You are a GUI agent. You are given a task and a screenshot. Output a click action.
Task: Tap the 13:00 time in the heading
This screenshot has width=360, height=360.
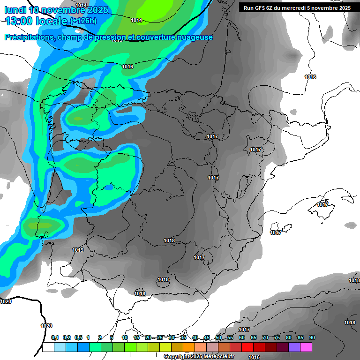(18, 21)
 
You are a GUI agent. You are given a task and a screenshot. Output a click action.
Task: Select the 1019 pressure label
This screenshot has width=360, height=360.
(78, 250)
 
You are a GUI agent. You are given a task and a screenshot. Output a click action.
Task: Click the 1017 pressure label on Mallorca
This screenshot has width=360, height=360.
(322, 204)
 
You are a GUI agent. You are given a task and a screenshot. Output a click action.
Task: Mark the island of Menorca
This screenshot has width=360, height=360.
(348, 198)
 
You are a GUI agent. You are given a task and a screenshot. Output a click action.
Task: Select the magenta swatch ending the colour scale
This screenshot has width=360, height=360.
(306, 347)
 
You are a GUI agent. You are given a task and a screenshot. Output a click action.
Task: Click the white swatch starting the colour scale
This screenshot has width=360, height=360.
(48, 347)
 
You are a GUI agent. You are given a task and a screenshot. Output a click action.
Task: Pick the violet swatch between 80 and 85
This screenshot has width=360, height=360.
(294, 347)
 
